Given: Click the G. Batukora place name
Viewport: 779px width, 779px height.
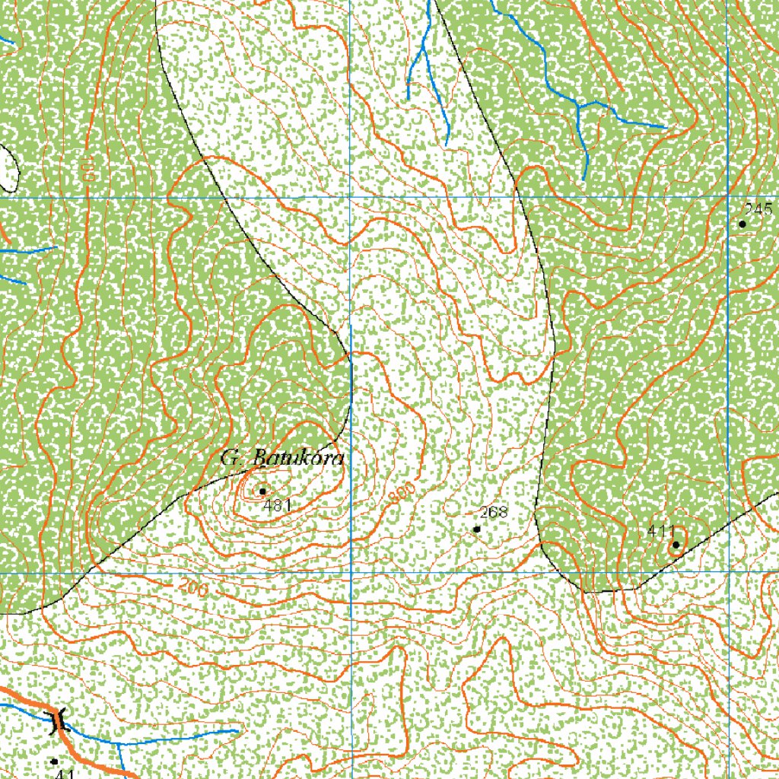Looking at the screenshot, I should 282,459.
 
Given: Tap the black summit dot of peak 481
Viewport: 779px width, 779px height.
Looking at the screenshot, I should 262,491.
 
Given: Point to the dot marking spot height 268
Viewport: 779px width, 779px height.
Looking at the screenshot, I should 477,529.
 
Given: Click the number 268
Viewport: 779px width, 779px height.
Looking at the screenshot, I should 494,512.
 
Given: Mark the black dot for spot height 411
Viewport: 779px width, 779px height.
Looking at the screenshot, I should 676,545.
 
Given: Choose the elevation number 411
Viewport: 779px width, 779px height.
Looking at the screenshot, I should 660,531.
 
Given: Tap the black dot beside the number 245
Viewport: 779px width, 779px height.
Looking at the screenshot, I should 742,224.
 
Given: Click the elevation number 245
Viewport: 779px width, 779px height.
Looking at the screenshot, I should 758,209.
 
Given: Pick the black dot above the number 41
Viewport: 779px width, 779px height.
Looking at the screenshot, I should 54,761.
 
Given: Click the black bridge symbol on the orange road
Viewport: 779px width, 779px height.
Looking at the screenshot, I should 57,720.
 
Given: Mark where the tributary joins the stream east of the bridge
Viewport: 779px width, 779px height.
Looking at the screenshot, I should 119,742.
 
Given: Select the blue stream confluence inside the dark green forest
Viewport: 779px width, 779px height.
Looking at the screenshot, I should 578,107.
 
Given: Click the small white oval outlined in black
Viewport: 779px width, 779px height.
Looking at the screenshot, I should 8,167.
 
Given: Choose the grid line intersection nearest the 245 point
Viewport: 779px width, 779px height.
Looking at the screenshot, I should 728,196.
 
